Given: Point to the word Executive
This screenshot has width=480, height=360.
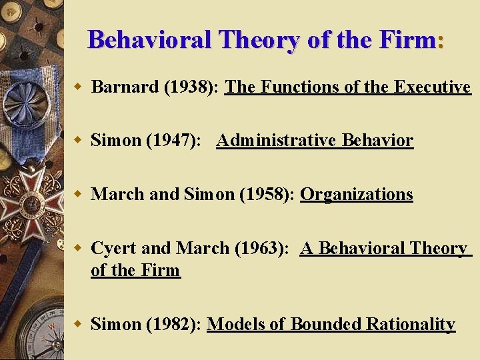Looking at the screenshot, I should tap(433, 87).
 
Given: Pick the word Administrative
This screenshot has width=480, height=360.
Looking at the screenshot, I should tap(276, 141).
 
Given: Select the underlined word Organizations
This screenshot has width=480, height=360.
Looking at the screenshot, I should tap(357, 195).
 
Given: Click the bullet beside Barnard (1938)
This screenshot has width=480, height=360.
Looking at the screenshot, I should tap(78, 87).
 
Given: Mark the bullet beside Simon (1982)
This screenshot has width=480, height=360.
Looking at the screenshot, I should tap(78, 325).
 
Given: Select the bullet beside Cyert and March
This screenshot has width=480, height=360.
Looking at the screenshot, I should tap(78, 249).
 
